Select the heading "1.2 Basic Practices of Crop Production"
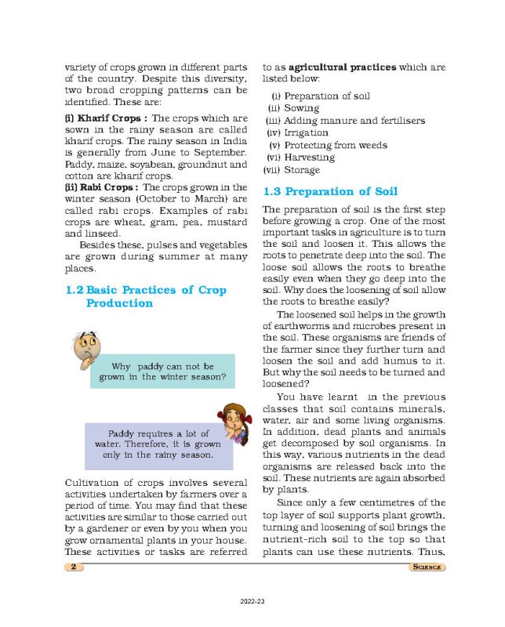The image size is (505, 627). tap(146, 296)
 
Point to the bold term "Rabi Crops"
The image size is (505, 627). tap(100, 188)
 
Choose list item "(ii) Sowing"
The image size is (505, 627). tap(294, 108)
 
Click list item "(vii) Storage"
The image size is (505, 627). tap(292, 170)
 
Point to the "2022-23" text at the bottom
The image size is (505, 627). tap(252, 600)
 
